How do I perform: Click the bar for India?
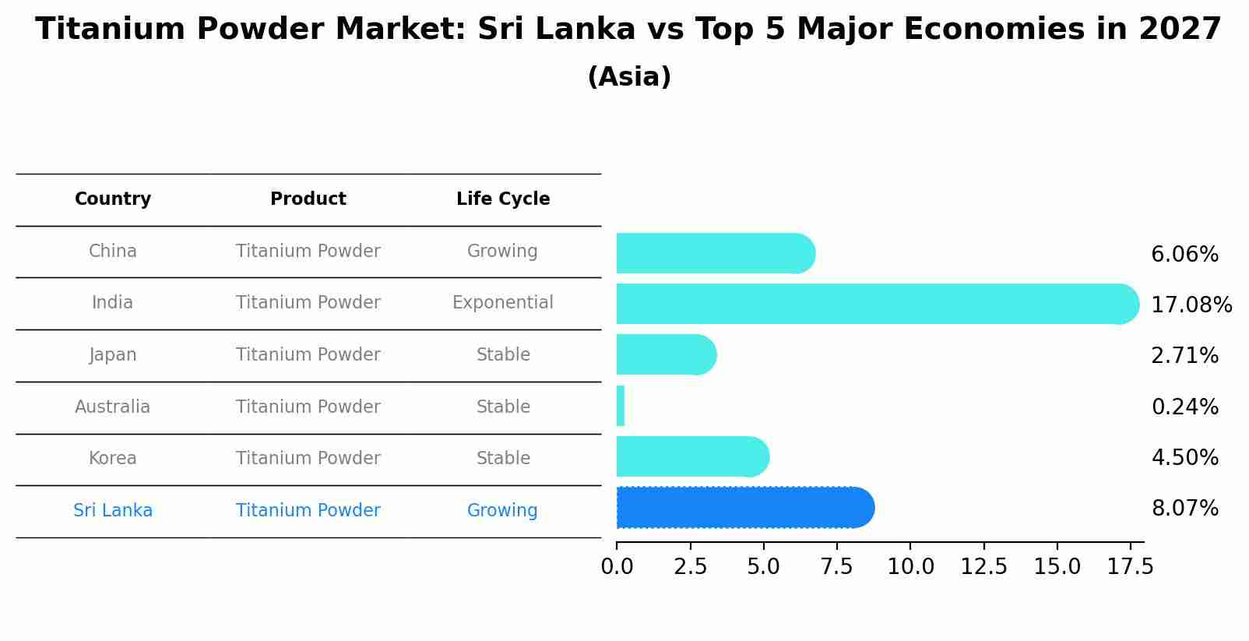click(876, 304)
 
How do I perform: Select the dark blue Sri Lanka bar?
click(744, 508)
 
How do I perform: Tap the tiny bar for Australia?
click(621, 406)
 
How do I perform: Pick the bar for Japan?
click(665, 354)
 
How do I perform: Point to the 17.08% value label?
click(1191, 305)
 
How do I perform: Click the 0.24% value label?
click(1184, 407)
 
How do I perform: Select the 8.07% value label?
click(1184, 509)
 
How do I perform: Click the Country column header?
click(113, 199)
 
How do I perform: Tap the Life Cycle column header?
click(503, 199)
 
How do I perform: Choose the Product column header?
click(308, 199)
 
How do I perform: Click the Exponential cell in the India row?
click(503, 303)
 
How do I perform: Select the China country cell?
click(113, 252)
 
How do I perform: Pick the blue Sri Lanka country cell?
click(113, 511)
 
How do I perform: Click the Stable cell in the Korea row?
click(503, 459)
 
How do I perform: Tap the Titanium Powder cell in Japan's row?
click(308, 355)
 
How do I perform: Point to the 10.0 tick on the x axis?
click(910, 567)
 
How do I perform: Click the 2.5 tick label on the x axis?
click(690, 567)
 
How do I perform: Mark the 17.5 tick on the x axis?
click(1131, 567)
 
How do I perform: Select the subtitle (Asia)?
click(629, 77)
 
